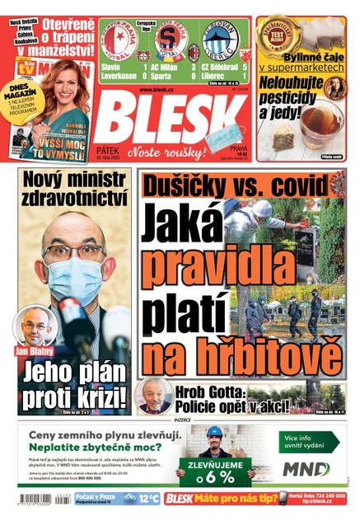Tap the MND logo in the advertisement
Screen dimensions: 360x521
pos(306,469)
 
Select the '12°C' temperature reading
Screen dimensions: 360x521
pos(148,499)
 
